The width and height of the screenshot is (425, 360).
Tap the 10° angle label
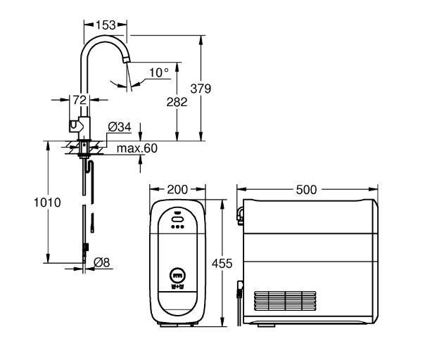tap(160, 72)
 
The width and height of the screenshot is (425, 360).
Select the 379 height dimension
tap(203, 89)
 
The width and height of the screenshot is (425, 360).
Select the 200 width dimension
tap(179, 191)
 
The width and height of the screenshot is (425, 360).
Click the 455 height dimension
tap(222, 263)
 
